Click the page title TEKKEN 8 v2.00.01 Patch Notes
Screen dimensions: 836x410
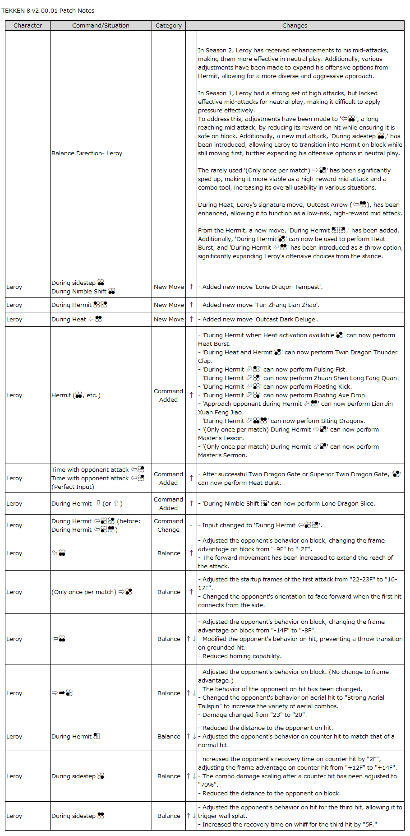[x=48, y=10]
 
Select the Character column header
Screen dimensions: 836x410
[x=28, y=26]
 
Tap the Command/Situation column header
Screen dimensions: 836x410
[x=101, y=26]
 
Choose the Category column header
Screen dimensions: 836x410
[x=169, y=26]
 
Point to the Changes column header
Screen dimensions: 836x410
[x=295, y=26]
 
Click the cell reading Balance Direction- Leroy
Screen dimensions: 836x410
[x=87, y=153]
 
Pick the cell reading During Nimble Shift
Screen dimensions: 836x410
[x=79, y=292]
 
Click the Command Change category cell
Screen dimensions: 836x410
[x=168, y=525]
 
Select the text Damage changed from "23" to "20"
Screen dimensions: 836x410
[x=254, y=715]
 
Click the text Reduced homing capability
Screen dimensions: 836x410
[x=242, y=656]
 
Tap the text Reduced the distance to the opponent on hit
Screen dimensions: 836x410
[x=267, y=728]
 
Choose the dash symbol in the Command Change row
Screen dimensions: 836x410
[x=191, y=525]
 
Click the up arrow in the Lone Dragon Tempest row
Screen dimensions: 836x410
[x=191, y=287]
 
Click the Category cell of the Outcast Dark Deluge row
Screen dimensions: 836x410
[x=169, y=320]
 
